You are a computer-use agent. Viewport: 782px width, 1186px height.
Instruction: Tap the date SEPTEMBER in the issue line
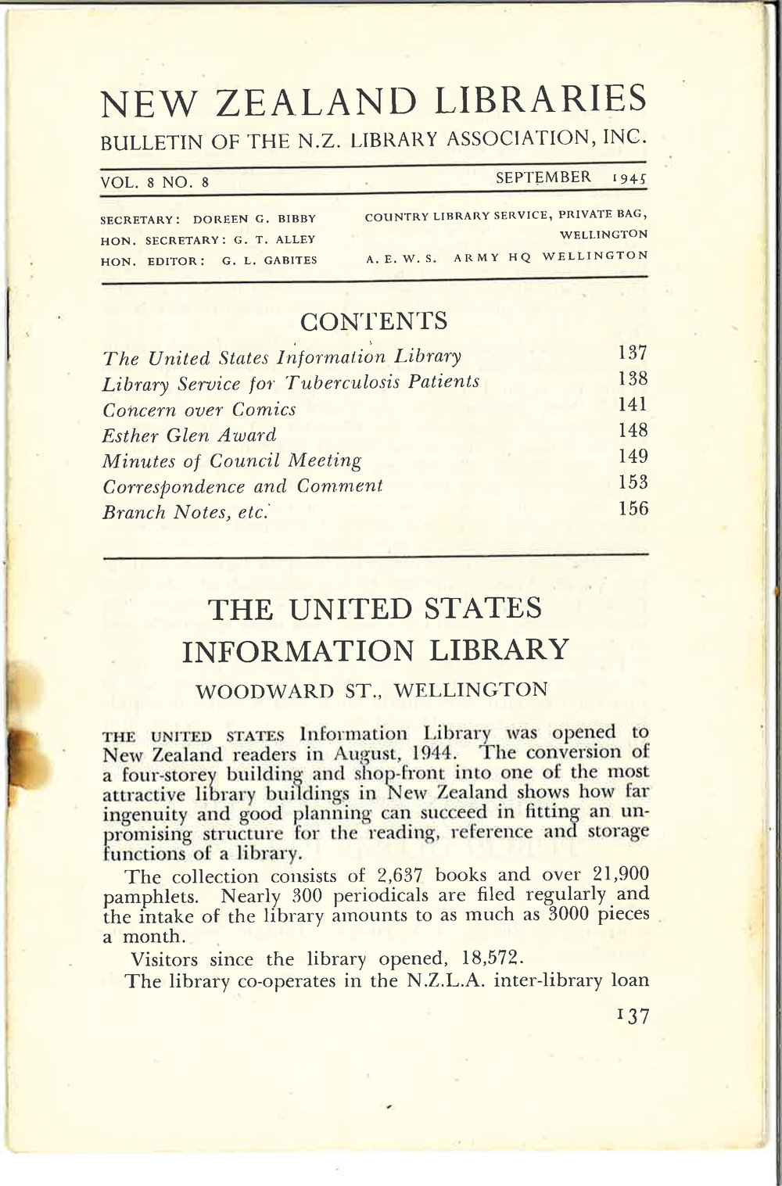[543, 177]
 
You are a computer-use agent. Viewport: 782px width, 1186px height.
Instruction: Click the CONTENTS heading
[374, 321]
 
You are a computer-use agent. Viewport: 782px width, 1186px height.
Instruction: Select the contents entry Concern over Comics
[199, 409]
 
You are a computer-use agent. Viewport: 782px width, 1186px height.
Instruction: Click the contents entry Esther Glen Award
[190, 435]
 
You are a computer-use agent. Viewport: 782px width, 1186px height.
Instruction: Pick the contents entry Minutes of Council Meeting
[232, 460]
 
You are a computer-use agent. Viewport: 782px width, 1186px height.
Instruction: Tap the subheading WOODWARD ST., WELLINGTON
[371, 690]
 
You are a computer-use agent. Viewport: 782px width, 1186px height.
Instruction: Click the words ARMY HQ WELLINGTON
[551, 256]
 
